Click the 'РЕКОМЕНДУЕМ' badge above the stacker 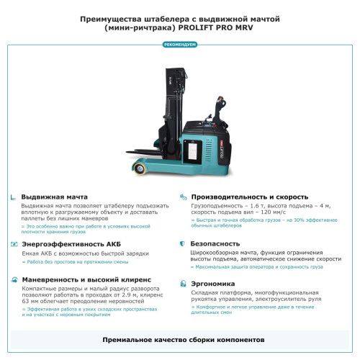[x=180, y=45]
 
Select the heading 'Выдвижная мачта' [x=54, y=197]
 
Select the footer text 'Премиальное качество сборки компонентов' [x=180, y=338]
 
